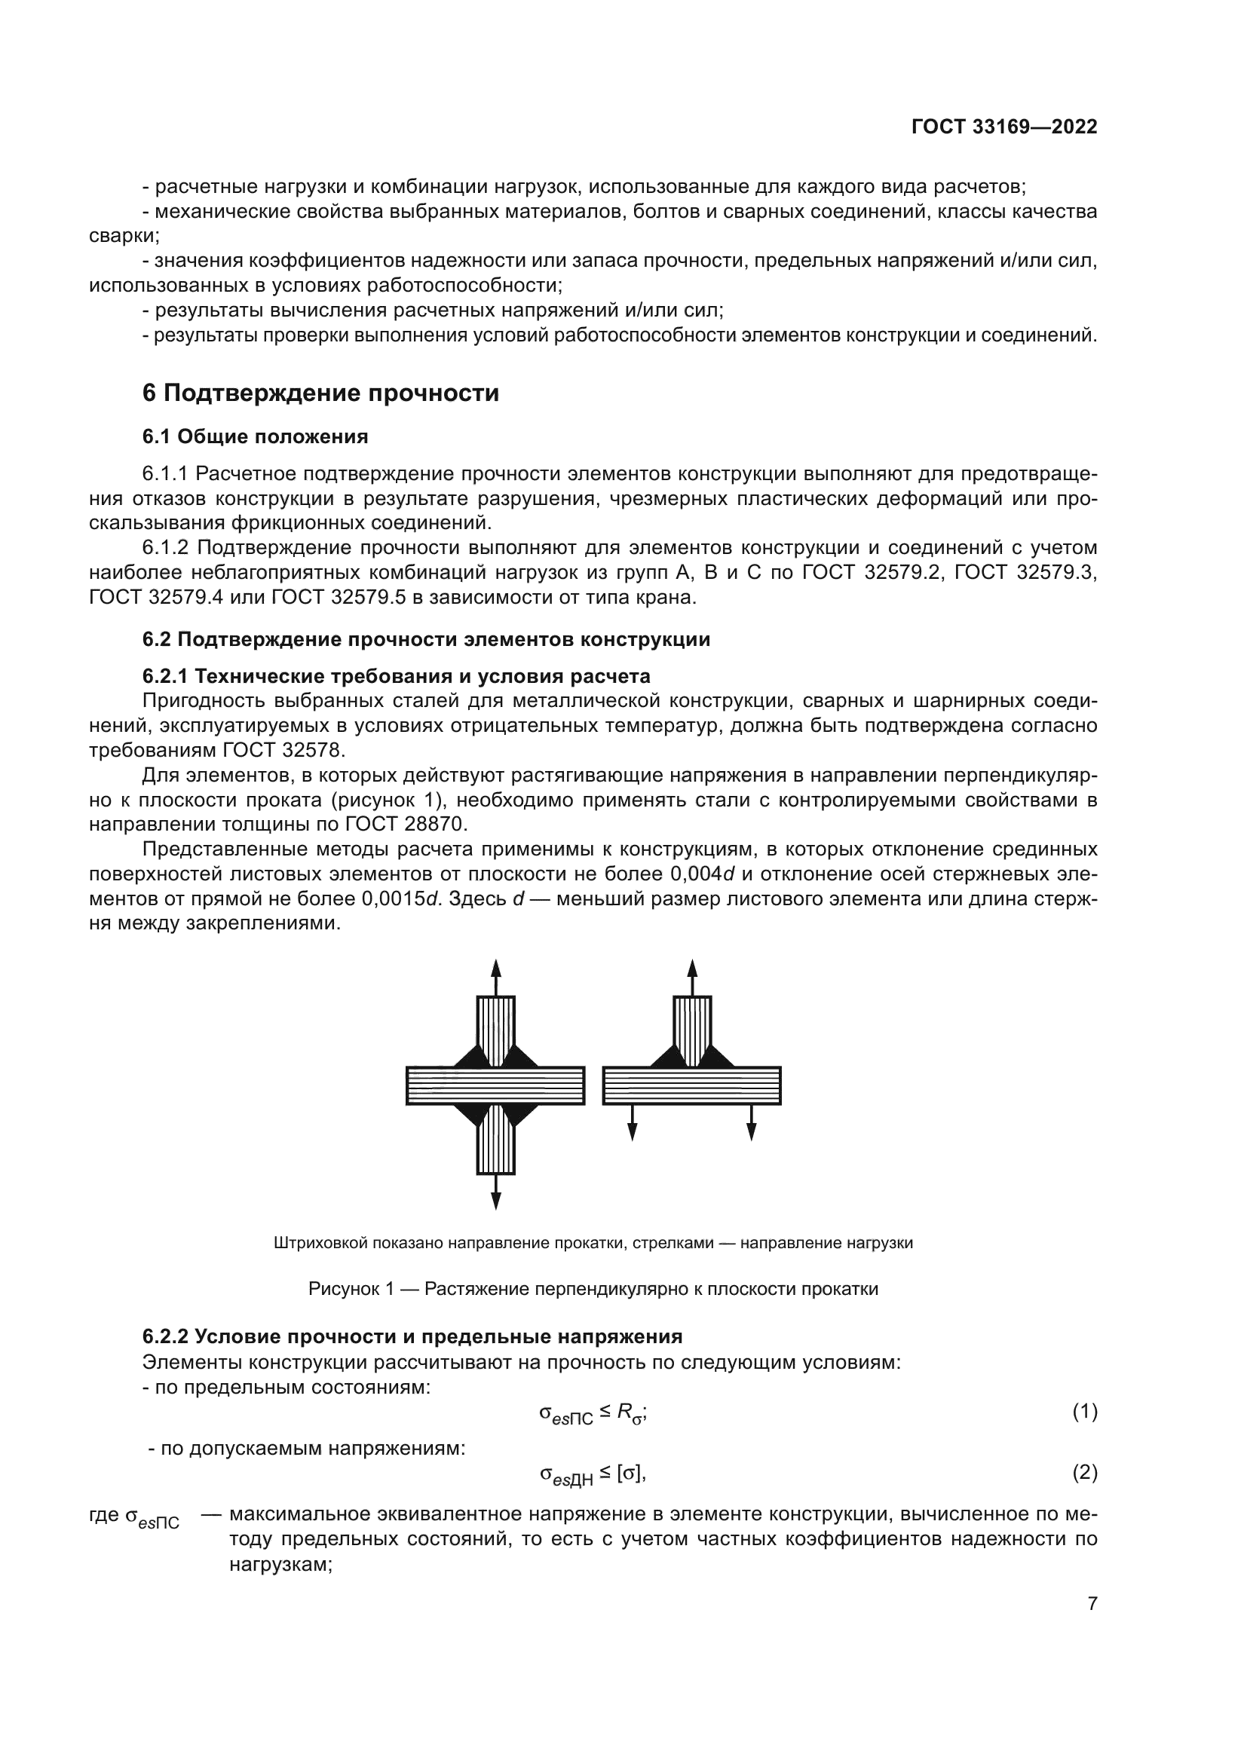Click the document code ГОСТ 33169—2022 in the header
click(x=1003, y=127)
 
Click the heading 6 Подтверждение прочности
click(x=320, y=393)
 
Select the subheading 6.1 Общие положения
click(x=255, y=437)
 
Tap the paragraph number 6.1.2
click(x=165, y=547)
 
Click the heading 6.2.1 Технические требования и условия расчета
click(x=397, y=676)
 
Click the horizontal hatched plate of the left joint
click(x=495, y=1085)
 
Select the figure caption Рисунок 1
click(x=593, y=1289)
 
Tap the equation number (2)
click(x=1084, y=1472)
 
